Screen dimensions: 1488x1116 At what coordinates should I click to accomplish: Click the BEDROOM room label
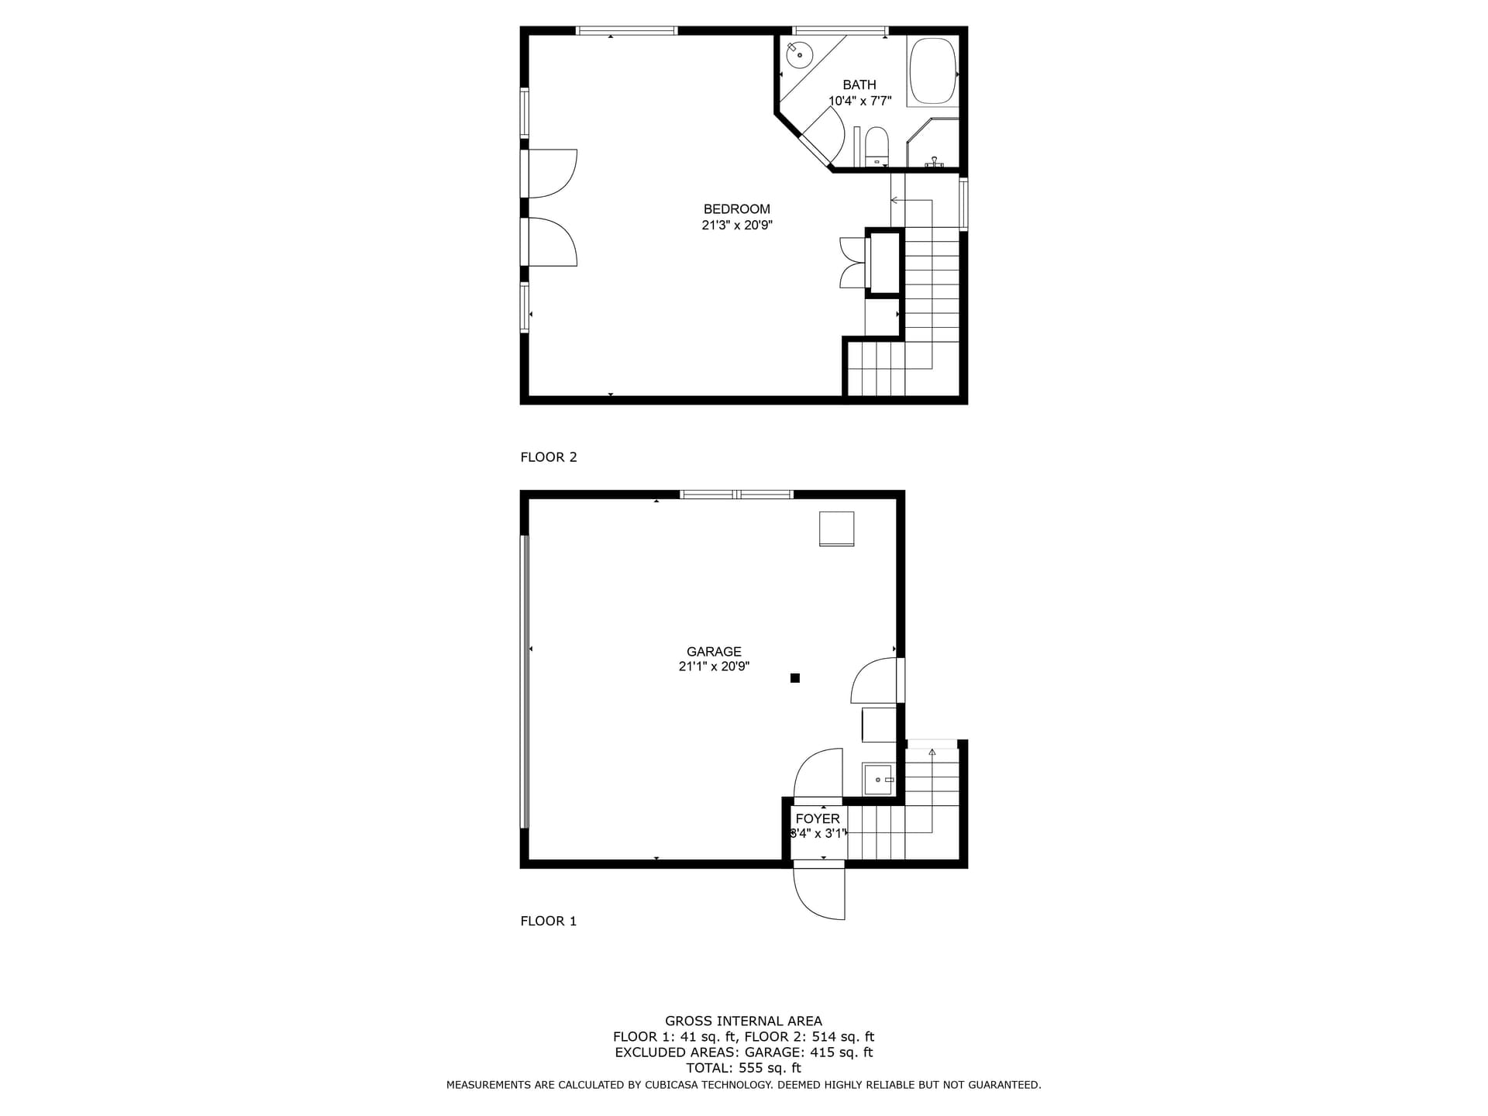coord(736,209)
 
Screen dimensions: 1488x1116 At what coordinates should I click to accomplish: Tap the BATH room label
coord(859,84)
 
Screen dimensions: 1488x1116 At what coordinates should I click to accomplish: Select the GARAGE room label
coord(714,652)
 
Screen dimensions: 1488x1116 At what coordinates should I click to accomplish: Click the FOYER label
coord(818,819)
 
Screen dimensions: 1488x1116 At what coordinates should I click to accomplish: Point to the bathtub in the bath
coord(932,71)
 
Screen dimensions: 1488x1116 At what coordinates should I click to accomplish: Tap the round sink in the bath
coord(799,55)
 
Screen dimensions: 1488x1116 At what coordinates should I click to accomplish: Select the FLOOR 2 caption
coord(549,457)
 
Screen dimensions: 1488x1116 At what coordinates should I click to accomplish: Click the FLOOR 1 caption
coord(549,921)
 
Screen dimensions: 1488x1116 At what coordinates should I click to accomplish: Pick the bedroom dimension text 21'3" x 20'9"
coord(737,226)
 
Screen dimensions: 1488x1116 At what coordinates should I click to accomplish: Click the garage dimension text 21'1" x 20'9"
coord(714,666)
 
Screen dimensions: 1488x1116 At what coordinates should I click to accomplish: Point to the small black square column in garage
coord(795,678)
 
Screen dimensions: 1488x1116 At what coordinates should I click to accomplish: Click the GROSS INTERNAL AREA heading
coord(743,1021)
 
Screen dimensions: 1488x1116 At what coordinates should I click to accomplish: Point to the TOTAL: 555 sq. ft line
coord(743,1068)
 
